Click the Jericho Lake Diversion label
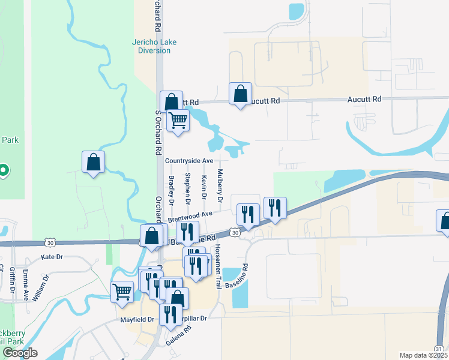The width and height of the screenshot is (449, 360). tap(151, 46)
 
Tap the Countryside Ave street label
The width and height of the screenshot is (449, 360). tap(190, 161)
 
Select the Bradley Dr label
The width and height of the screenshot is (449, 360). tap(171, 190)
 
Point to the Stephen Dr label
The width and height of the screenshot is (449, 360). tap(188, 187)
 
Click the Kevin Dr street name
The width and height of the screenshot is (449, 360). tap(204, 187)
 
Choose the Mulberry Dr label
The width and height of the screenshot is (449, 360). tap(220, 185)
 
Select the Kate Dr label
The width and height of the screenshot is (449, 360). tap(52, 257)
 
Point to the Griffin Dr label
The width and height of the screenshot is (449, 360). tap(12, 280)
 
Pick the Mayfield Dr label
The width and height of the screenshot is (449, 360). tap(137, 320)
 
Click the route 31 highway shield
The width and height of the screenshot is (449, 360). tap(439, 349)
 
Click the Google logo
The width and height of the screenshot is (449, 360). tap(20, 353)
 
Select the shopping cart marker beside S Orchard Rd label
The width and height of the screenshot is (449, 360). tap(178, 120)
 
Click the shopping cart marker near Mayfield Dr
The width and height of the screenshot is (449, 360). tap(122, 292)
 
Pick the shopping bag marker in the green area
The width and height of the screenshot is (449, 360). tap(94, 161)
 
